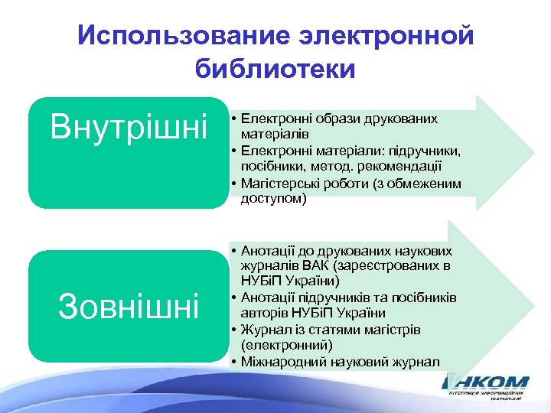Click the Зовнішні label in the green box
(129, 306)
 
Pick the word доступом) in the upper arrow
(273, 199)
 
